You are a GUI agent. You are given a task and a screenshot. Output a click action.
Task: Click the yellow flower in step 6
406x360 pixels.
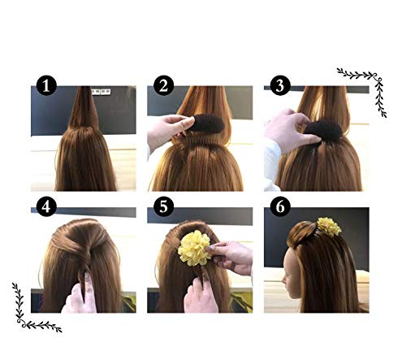point(329,227)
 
